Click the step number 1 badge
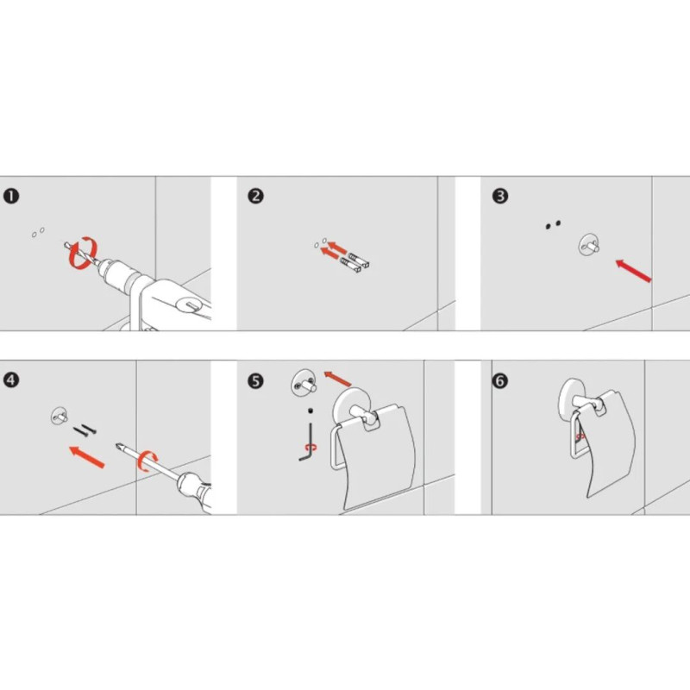click(11, 196)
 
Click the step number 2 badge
click(255, 196)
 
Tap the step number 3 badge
click(500, 196)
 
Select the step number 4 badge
click(11, 380)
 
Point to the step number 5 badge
click(255, 381)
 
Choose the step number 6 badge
click(500, 381)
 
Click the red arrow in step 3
click(633, 270)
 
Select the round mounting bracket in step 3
click(589, 246)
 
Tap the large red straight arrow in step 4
click(87, 457)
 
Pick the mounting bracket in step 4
click(59, 416)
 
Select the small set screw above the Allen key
click(310, 411)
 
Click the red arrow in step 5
click(338, 379)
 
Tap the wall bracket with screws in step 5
click(304, 382)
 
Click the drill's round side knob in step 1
click(188, 304)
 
